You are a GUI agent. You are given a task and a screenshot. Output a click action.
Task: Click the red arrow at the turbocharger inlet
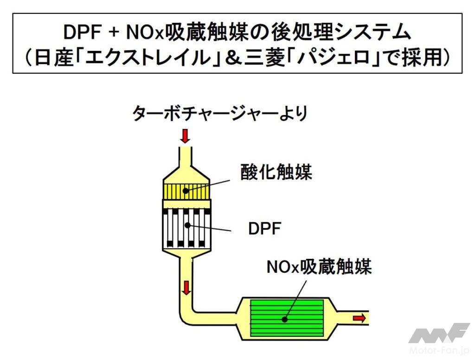(x=185, y=135)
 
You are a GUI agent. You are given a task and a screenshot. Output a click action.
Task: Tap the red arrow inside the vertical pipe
(x=186, y=288)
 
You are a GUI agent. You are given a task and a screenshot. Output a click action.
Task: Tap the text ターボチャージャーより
(x=220, y=114)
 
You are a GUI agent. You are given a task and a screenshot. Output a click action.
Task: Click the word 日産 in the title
(x=54, y=59)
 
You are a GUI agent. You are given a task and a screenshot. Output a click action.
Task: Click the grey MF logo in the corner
(x=438, y=333)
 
